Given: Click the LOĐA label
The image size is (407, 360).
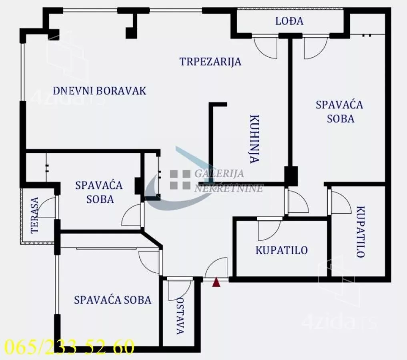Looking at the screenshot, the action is tap(289, 21).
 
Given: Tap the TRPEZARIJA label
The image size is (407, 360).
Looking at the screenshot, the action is tap(210, 62).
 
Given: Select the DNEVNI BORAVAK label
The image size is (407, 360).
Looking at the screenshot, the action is tap(100, 91).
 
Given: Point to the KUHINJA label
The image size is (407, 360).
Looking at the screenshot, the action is tap(255, 139).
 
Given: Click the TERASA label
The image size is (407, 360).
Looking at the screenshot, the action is tap(34, 215).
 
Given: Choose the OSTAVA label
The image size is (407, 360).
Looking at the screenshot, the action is tap(180, 315).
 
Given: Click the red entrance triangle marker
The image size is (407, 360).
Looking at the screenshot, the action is tap(216, 282).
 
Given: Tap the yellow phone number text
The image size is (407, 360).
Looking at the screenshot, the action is tap(70, 346).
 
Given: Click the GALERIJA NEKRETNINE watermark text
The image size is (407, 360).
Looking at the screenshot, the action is tap(229, 180).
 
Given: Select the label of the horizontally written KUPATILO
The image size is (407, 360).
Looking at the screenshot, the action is tap(282, 250).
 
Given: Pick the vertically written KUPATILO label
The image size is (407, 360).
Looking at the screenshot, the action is tap(360, 232).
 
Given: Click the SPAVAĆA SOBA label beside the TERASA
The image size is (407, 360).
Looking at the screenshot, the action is tap(99, 192).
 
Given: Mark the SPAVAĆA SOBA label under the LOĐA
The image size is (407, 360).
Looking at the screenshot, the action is tap(339, 112).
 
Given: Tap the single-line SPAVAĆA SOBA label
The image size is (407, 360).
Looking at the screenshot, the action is tap(112, 300).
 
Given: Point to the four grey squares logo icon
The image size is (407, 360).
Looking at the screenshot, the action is tap(180, 180).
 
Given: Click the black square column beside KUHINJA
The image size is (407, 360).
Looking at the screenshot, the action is tap(291, 176).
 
